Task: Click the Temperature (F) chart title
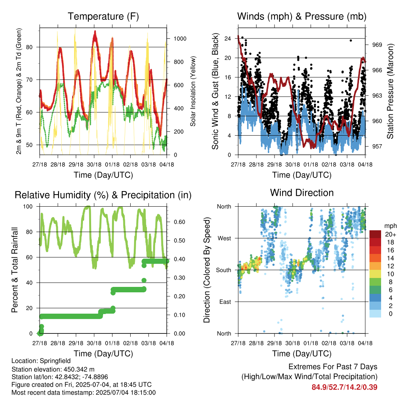(103, 16)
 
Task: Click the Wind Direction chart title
(302, 193)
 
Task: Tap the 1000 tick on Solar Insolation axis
(180, 39)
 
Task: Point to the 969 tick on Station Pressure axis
(377, 45)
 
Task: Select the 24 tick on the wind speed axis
(228, 38)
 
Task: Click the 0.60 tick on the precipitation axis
(180, 222)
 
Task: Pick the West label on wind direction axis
(224, 238)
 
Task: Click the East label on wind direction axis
(225, 302)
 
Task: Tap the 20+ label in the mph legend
(390, 234)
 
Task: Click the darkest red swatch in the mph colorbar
(375, 234)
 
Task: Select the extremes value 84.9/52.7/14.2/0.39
(344, 387)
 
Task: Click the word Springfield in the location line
(55, 361)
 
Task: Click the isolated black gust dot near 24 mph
(350, 40)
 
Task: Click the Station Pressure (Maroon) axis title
(390, 91)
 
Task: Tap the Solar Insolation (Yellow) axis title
(193, 91)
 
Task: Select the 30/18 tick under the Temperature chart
(94, 164)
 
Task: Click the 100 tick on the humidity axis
(28, 207)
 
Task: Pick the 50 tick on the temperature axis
(29, 145)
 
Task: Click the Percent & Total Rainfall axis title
(15, 270)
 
